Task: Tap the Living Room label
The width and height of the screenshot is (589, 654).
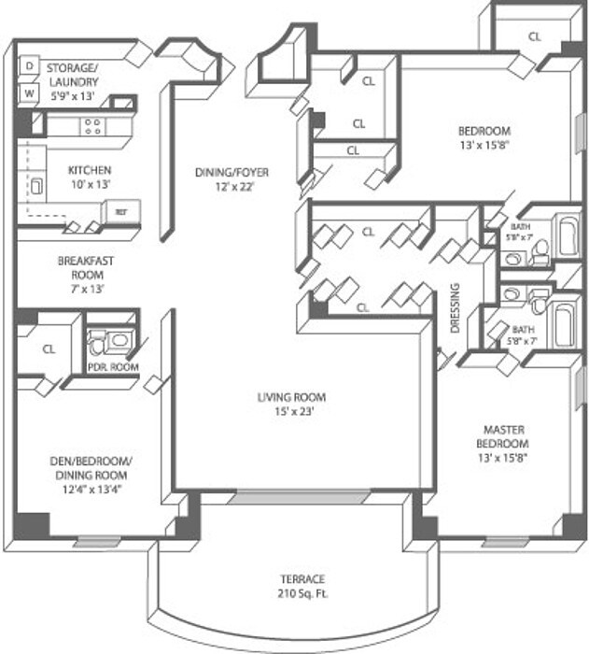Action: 292,404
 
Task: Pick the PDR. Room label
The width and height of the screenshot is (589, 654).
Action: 113,367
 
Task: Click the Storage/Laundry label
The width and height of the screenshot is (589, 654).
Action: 73,75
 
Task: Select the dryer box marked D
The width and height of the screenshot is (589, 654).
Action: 30,66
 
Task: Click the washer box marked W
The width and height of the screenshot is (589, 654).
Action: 30,93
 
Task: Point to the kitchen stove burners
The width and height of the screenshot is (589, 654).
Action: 93,126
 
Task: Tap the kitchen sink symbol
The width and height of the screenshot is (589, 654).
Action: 37,185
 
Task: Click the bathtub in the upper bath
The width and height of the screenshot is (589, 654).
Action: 568,238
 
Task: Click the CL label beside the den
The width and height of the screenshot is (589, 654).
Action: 49,349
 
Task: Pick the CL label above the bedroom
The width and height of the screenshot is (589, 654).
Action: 535,36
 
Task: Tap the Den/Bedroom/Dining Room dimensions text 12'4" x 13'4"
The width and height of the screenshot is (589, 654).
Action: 91,488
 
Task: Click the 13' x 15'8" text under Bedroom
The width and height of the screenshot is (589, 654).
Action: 484,145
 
